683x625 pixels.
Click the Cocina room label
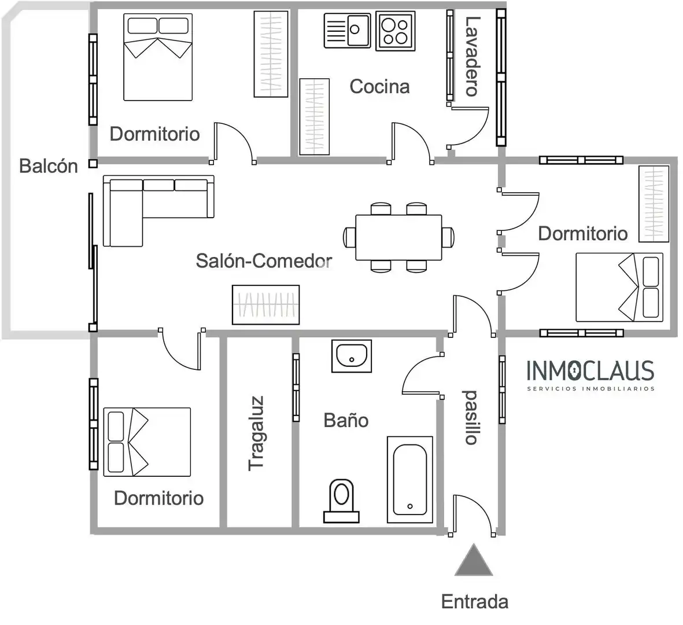coord(379,86)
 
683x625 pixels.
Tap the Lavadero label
coord(472,56)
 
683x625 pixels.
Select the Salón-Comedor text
coord(264,260)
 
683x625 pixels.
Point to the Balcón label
coord(49,166)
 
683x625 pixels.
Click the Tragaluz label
coord(256,433)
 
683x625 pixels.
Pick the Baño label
coord(346,420)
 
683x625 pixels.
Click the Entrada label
coord(475,601)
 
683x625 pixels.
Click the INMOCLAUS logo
coord(590,375)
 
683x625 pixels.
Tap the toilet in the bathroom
coord(341,501)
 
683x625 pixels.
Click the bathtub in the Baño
coord(410,479)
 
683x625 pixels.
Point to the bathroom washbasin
coord(352,356)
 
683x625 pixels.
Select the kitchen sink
coord(347,30)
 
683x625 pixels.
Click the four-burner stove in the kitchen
coord(395,31)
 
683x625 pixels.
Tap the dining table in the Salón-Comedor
coord(398,237)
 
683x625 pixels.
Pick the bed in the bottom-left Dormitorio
coord(147,442)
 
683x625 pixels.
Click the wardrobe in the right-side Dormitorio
coord(654,204)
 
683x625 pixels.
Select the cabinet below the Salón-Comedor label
coord(265,304)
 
